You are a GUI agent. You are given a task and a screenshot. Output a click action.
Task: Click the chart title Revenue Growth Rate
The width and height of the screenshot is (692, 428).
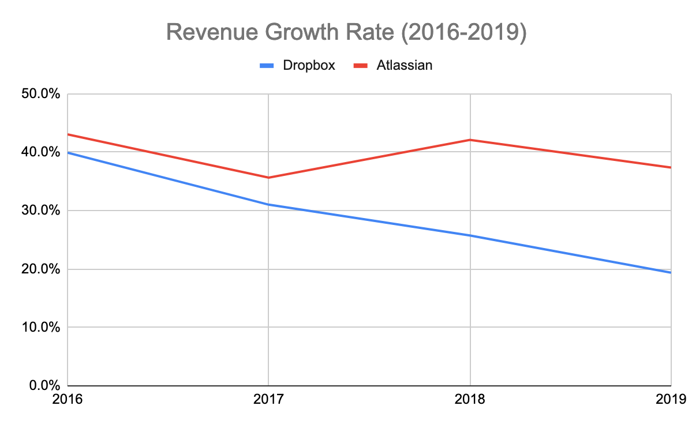coord(346,33)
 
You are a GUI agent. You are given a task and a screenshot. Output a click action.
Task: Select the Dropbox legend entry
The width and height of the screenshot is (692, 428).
coord(309,65)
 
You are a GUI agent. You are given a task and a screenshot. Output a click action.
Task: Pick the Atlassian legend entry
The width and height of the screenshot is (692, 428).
coord(404,65)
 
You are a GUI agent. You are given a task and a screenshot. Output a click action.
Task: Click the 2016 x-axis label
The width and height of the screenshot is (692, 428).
coord(68,399)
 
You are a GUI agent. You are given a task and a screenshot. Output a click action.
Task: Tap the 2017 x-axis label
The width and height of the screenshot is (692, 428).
coord(268,399)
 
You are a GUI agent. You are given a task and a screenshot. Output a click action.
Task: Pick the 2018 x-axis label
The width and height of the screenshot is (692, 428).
coord(470,399)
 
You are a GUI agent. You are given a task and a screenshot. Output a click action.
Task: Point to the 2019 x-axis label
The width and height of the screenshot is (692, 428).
coord(671,399)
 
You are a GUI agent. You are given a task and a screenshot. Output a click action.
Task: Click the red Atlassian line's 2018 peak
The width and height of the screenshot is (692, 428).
coord(470,140)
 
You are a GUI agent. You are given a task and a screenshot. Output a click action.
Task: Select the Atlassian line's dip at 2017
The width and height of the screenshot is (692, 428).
coord(268,177)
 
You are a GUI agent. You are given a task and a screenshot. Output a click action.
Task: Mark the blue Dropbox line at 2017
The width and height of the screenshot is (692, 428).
coord(268,204)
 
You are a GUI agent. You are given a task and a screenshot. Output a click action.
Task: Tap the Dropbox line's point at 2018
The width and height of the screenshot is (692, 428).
coord(470,235)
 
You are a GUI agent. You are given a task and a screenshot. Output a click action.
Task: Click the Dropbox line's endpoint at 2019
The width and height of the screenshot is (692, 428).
coord(670,272)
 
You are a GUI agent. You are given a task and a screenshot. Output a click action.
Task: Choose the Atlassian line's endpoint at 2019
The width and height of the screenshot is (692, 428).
coord(670,167)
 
